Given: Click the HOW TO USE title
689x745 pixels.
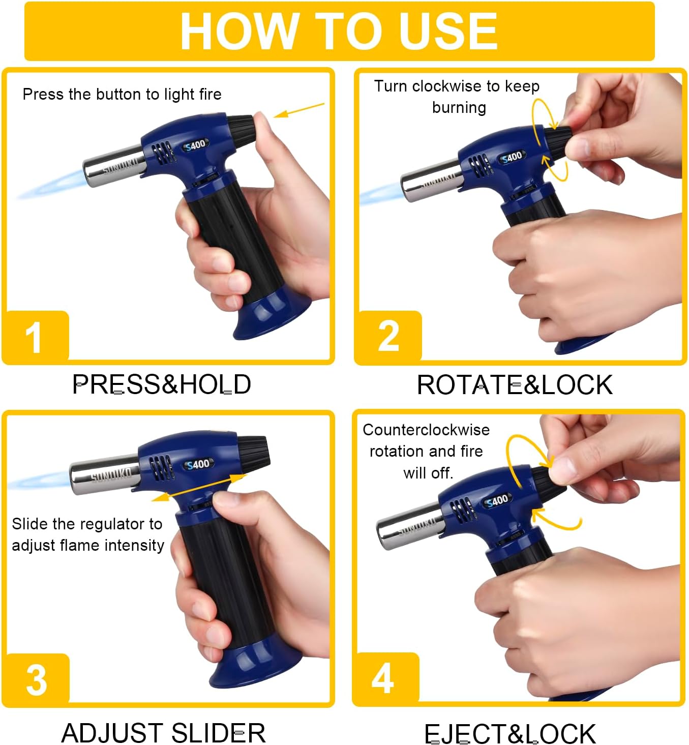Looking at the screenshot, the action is [339, 31].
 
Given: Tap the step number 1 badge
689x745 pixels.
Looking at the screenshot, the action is [36, 336].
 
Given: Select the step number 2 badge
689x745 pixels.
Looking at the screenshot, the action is [389, 336].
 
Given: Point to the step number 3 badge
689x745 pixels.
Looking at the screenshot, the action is [37, 679].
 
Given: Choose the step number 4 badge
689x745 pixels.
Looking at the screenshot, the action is [386, 678].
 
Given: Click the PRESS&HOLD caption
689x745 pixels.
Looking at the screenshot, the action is [162, 384].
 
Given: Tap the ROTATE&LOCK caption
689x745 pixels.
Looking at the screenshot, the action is [515, 385].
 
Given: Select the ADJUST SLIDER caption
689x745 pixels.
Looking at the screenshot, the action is [164, 733].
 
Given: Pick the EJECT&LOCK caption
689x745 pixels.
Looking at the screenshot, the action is [510, 733].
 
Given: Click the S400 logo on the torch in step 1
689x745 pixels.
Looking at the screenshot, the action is [196, 145].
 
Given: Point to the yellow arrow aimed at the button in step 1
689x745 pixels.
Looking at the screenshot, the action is [298, 110].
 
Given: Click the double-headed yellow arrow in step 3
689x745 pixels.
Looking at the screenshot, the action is [199, 487].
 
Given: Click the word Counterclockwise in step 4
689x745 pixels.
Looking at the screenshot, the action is [426, 430].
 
